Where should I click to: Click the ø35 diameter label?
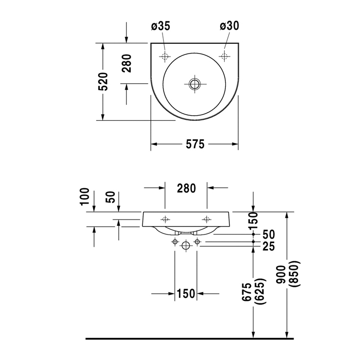(x=160, y=26)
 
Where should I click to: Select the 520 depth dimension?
(x=104, y=81)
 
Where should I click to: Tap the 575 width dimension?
(x=194, y=145)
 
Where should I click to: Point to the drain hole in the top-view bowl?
(x=194, y=83)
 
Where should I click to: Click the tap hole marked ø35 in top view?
(x=165, y=56)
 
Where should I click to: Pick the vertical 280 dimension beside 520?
(x=127, y=62)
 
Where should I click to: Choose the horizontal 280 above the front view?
(x=186, y=188)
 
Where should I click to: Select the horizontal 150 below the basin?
(x=186, y=294)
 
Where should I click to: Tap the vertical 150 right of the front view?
(x=253, y=221)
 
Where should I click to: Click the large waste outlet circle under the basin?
(x=186, y=246)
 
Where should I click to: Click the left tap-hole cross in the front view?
(x=165, y=218)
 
